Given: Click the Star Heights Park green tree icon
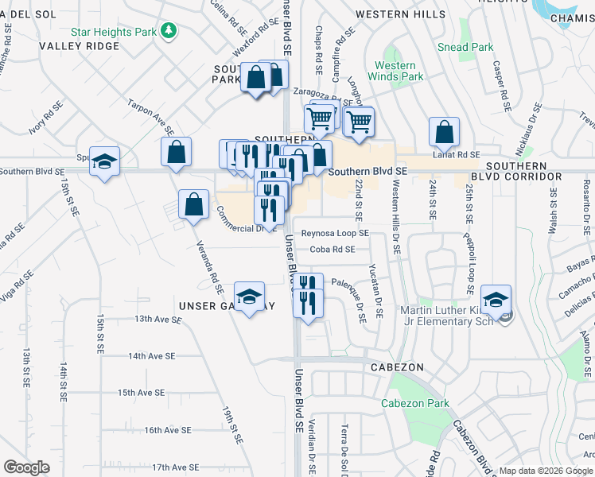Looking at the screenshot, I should (x=168, y=31).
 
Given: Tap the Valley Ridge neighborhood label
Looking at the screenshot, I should (x=80, y=46).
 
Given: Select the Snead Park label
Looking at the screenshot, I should (x=465, y=47).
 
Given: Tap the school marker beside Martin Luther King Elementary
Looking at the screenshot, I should (x=496, y=301).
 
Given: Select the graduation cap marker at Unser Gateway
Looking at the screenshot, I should (x=249, y=297).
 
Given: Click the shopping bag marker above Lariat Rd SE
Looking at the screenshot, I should (x=444, y=132).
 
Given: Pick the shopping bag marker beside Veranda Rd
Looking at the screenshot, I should (x=193, y=204).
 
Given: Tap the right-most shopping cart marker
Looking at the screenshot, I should (x=359, y=122).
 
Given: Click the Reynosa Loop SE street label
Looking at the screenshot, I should (x=334, y=234).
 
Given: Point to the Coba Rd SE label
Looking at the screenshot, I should (x=332, y=249).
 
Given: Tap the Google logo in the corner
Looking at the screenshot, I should (x=26, y=467).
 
